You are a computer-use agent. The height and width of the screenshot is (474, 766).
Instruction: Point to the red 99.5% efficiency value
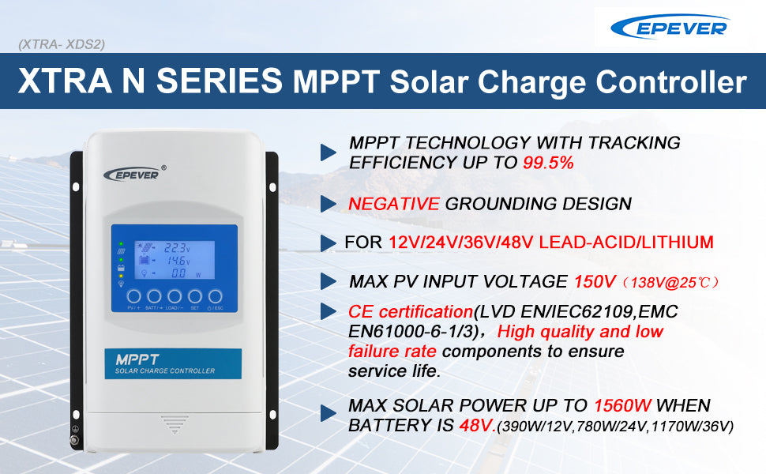pyautogui.click(x=548, y=163)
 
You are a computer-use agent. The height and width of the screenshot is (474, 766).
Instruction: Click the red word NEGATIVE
pyautogui.click(x=393, y=204)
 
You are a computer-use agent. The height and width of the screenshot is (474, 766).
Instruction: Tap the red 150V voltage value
pyautogui.click(x=589, y=281)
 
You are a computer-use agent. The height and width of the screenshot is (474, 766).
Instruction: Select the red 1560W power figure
pyautogui.click(x=622, y=406)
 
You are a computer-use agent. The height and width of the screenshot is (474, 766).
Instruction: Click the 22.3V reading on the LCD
pyautogui.click(x=179, y=247)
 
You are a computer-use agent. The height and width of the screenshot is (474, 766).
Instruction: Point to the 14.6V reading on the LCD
pyautogui.click(x=179, y=260)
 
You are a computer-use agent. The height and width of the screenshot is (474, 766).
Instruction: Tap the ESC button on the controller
pyautogui.click(x=215, y=295)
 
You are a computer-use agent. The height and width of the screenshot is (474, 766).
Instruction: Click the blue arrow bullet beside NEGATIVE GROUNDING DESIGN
pyautogui.click(x=329, y=204)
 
